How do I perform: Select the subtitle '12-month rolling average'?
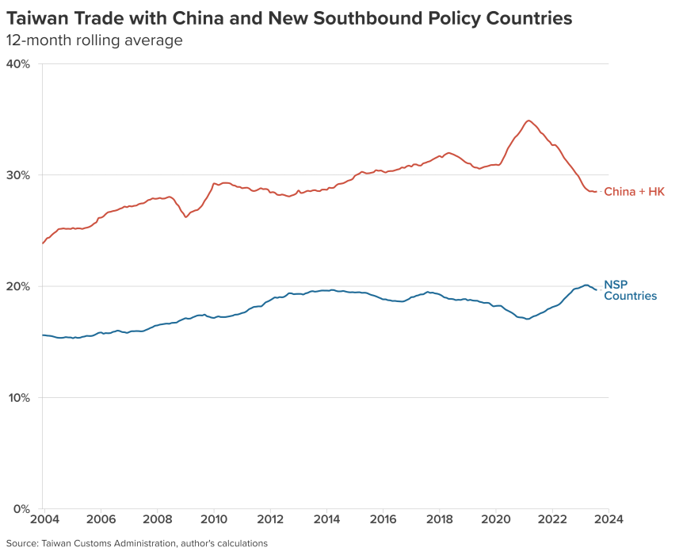94,40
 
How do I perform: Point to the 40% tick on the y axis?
17,63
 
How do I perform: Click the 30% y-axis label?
17,174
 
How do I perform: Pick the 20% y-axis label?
17,286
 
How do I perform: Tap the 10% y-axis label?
17,397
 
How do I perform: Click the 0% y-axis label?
21,508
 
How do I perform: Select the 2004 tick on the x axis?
44,520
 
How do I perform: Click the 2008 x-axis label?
157,520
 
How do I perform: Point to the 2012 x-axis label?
270,520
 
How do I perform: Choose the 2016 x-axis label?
383,520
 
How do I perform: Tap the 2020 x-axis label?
495,520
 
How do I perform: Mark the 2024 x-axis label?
609,520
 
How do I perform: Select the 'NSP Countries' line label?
630,290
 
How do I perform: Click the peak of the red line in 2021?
528,121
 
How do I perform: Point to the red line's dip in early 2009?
186,216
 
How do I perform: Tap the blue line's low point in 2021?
527,319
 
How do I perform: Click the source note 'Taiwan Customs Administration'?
110,544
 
